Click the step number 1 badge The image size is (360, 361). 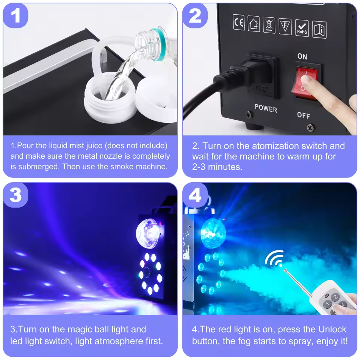[x=16, y=16]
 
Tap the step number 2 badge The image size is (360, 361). [x=195, y=16]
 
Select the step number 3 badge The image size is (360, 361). [x=16, y=195]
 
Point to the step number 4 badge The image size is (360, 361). [x=195, y=195]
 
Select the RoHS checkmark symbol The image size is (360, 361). [x=302, y=28]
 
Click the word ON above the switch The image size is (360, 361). [x=302, y=56]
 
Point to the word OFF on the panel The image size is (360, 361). [x=303, y=115]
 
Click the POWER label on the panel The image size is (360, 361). [x=266, y=108]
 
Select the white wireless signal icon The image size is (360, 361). [x=274, y=259]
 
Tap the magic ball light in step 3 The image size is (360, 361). [x=147, y=234]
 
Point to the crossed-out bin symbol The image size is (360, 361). [x=269, y=25]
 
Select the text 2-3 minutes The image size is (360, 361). [x=217, y=167]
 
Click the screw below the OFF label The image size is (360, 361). [x=310, y=128]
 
